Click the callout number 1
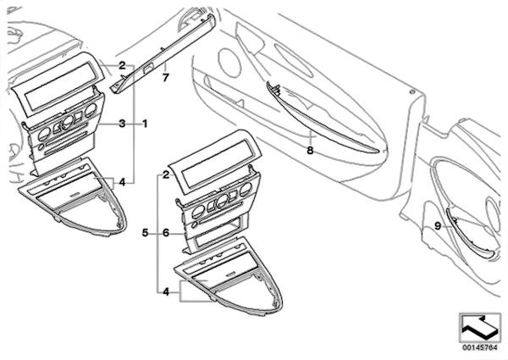coord(145,124)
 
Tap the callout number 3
coord(122,124)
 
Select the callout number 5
coord(145,233)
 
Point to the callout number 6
coord(166,233)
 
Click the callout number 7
coord(166,78)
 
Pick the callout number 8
coord(310,150)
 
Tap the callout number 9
coord(438,226)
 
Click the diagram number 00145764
coord(480,347)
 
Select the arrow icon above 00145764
coord(480,328)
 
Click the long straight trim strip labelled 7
coord(163,53)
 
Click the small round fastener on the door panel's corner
coord(411,92)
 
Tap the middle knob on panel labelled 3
coord(68,121)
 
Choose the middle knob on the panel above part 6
coord(222,201)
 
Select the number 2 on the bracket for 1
coord(122,65)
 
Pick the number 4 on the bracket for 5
coord(166,292)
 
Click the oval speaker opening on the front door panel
coord(229,62)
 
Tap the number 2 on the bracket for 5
coord(166,175)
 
